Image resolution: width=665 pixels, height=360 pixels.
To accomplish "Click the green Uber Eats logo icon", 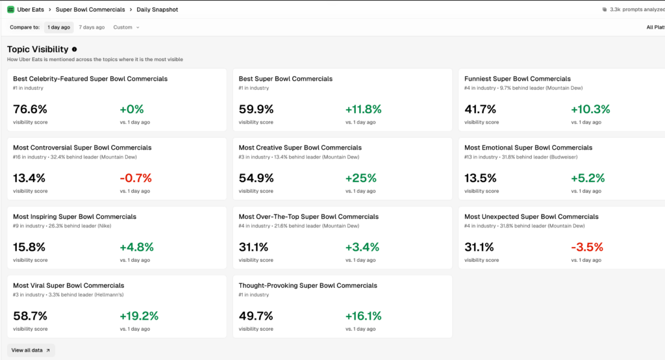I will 10,10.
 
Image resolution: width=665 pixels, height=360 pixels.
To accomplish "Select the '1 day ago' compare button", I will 58,27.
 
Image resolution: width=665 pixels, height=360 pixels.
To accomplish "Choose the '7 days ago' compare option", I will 92,27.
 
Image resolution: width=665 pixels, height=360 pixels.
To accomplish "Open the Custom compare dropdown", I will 126,27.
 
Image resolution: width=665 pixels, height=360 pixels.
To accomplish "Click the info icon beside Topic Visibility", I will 75,49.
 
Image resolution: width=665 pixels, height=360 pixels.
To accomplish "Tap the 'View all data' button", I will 31,350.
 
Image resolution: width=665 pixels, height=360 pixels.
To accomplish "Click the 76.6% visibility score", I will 30,109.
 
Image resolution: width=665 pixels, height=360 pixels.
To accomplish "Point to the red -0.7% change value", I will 135,178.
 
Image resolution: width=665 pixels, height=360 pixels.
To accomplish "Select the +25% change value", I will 360,178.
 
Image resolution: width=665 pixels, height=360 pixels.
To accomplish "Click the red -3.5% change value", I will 586,247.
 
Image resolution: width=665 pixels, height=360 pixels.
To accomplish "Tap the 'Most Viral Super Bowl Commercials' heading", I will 68,285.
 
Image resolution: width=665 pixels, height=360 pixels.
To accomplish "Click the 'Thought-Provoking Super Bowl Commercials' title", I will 307,285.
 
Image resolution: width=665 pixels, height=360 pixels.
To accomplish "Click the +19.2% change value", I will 138,316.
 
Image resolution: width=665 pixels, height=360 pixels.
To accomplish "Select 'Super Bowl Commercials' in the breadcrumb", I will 90,10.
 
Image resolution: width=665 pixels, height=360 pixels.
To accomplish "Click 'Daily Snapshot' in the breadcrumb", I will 157,10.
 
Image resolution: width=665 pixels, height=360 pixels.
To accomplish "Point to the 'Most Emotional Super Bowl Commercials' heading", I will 528,148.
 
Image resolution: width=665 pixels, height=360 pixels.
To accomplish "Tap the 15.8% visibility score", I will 29,247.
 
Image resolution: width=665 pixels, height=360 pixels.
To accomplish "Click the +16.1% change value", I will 363,316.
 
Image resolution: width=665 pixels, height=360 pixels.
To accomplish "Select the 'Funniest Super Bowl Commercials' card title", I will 518,79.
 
